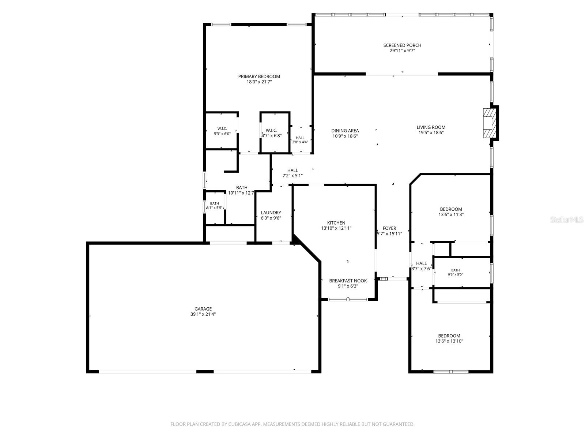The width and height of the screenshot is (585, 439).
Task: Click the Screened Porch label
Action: (402, 45)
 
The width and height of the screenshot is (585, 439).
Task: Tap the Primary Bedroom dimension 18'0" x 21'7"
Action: (259, 82)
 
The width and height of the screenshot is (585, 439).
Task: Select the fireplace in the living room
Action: (490, 123)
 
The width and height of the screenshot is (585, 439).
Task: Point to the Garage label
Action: (203, 309)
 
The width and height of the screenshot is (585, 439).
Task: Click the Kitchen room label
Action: (336, 223)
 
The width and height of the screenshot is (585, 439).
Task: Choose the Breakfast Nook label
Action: (348, 281)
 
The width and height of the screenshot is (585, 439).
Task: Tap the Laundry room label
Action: (271, 213)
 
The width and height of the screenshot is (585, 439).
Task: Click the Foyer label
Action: (389, 228)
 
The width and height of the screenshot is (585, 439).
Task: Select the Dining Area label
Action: (345, 131)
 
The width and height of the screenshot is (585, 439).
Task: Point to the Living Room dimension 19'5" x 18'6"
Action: (431, 133)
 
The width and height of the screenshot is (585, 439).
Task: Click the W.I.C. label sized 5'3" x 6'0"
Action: (222, 128)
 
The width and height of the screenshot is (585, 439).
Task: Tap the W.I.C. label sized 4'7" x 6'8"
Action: (271, 130)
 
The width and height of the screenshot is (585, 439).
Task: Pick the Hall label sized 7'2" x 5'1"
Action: (292, 170)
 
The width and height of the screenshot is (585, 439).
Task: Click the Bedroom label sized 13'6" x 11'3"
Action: (451, 209)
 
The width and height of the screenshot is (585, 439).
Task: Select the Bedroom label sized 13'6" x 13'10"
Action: (449, 336)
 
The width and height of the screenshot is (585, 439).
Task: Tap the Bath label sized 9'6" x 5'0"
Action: (456, 270)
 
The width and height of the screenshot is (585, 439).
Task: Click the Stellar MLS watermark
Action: (567, 219)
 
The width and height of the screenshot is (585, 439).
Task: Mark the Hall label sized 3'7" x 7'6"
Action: (421, 263)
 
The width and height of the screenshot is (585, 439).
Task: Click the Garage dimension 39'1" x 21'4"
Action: (203, 314)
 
